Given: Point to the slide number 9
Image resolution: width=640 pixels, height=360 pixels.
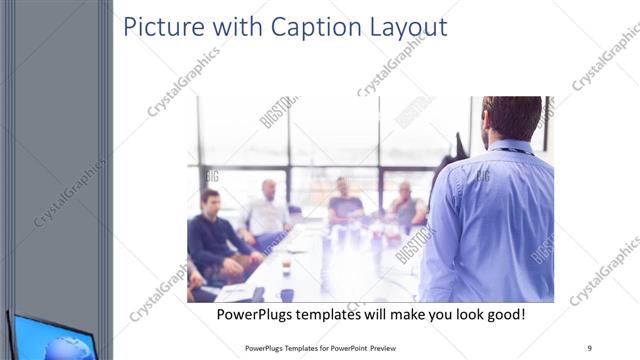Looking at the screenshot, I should point(590,348).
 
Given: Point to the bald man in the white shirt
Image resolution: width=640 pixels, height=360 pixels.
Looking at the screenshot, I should point(267,211).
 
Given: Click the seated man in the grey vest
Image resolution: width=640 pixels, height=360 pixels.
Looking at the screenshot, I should point(405,206).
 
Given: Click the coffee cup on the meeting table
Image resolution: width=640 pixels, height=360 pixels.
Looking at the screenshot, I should point(286,267).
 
